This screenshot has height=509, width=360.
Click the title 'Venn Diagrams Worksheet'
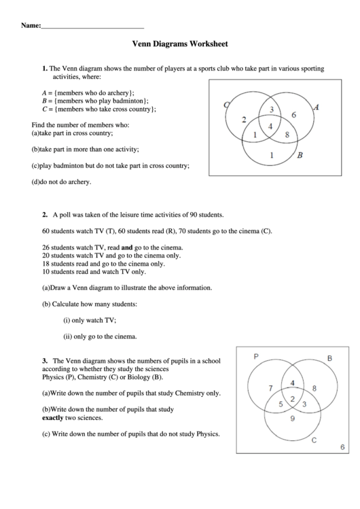(180, 44)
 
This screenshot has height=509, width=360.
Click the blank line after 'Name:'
(92, 26)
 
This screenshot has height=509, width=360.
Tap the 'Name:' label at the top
(31, 25)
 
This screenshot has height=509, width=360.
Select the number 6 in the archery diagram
(293, 115)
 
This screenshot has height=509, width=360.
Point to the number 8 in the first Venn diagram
(287, 135)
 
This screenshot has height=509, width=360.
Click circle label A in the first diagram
(316, 107)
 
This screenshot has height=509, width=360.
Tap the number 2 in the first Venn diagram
(244, 120)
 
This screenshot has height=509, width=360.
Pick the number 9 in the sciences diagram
(292, 419)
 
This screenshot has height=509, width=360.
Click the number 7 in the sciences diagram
(270, 389)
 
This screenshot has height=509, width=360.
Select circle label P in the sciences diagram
(256, 356)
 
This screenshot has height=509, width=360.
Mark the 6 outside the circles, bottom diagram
(342, 446)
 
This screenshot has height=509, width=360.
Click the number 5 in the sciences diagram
(281, 404)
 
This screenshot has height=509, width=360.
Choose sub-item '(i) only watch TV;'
(90, 319)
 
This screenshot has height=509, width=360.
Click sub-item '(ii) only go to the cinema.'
(101, 336)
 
